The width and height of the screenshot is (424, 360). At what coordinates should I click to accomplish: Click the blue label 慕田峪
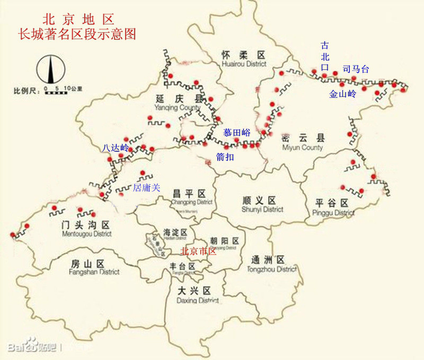coord(236,133)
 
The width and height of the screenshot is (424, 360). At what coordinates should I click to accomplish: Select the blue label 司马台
coord(356,69)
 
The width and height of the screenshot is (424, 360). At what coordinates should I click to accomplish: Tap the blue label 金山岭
coord(342,94)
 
